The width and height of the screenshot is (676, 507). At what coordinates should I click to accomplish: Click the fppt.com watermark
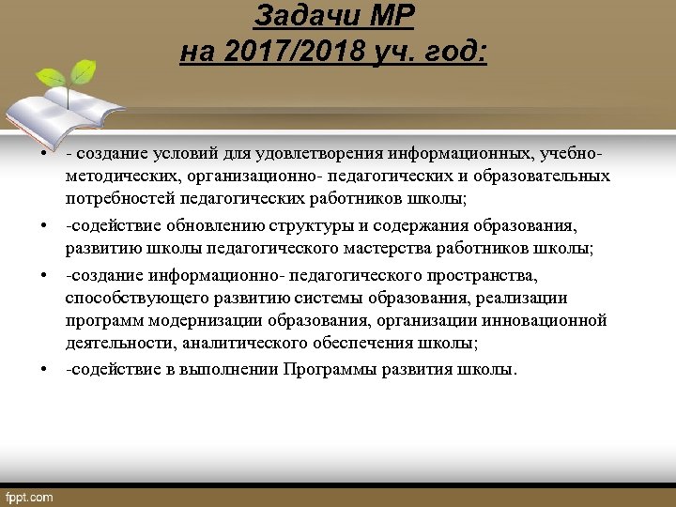pyautogui.click(x=29, y=497)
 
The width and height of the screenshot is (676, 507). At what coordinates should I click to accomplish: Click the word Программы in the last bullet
pyautogui.click(x=326, y=369)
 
